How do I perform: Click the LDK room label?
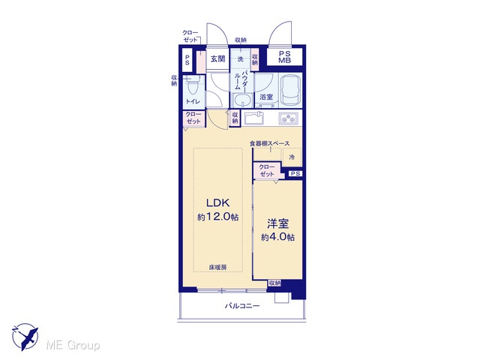218,202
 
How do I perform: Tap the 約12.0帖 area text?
218,217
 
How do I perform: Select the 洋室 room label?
278,223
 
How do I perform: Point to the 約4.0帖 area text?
278,237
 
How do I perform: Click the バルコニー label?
242,305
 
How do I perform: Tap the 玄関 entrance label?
217,58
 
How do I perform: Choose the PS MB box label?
284,57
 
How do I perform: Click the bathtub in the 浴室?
291,89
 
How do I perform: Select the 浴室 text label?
266,97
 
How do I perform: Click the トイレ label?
193,101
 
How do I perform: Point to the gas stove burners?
288,118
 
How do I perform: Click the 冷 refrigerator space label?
292,157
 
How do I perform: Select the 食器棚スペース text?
269,143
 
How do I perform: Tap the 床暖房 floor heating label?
217,267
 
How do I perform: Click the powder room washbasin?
242,100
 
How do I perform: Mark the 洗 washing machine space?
241,58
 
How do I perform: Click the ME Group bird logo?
25,337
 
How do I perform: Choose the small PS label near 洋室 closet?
295,173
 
